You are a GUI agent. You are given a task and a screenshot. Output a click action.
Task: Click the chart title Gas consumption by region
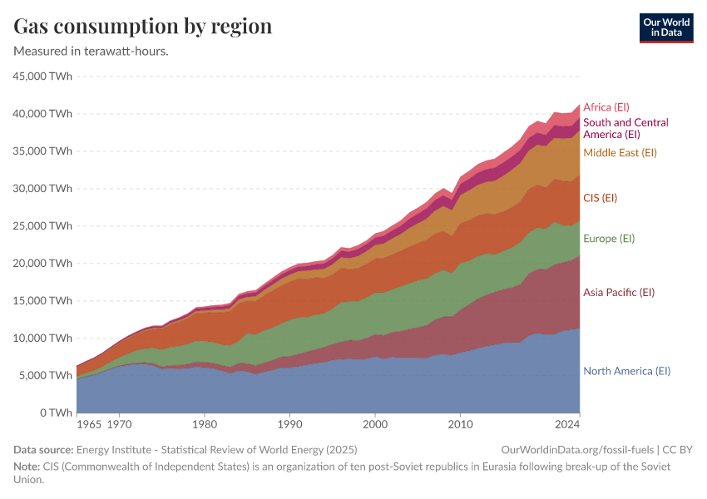click(143, 26)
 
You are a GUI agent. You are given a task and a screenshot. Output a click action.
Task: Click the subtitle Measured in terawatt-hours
click(91, 51)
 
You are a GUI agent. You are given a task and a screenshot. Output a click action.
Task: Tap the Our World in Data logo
click(665, 27)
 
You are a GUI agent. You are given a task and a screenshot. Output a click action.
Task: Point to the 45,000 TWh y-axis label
click(42, 77)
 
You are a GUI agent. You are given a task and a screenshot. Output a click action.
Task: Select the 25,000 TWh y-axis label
click(42, 226)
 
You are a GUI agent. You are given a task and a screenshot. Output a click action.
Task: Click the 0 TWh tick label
click(53, 413)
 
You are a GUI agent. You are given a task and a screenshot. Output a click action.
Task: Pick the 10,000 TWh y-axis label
click(42, 338)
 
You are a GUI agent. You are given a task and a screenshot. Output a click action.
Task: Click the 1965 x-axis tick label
click(88, 424)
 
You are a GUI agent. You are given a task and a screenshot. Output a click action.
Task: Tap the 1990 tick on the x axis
click(289, 424)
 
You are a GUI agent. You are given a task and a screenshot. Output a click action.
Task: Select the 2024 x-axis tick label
click(567, 424)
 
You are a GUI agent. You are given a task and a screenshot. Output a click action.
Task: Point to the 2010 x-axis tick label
click(460, 424)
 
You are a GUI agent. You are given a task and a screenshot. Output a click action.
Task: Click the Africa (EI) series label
click(606, 107)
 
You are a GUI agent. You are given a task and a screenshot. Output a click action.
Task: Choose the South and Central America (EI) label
click(625, 128)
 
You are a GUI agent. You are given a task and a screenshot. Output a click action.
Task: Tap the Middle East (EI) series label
click(620, 153)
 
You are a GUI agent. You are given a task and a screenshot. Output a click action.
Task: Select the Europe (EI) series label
click(609, 239)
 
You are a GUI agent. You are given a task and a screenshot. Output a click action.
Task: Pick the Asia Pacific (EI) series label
click(619, 293)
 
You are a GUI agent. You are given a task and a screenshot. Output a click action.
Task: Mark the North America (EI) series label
click(626, 371)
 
